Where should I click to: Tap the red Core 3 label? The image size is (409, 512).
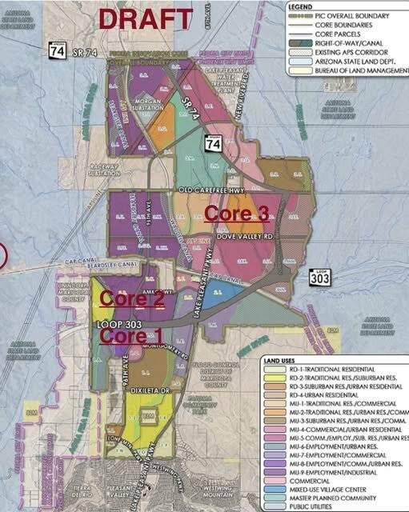(237, 213)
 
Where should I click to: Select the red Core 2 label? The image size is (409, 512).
(131, 299)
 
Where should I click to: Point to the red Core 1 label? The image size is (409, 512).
(124, 336)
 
